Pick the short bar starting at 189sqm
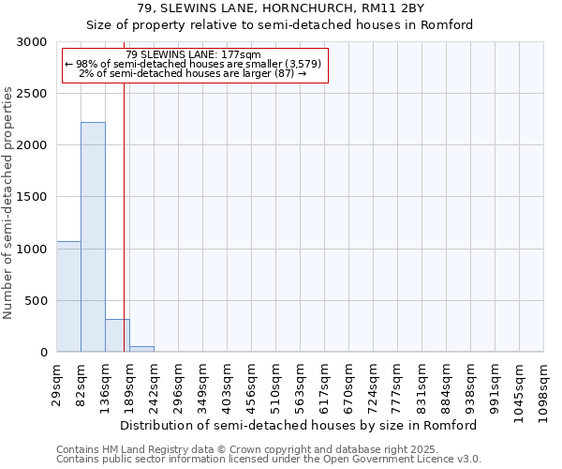click(x=141, y=349)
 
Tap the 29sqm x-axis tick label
click(x=57, y=384)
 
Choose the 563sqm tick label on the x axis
click(x=301, y=386)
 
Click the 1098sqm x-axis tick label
click(x=544, y=390)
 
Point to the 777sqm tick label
click(x=398, y=386)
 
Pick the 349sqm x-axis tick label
click(x=203, y=386)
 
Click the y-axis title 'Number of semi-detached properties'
click(x=9, y=203)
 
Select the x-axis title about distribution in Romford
click(x=299, y=425)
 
